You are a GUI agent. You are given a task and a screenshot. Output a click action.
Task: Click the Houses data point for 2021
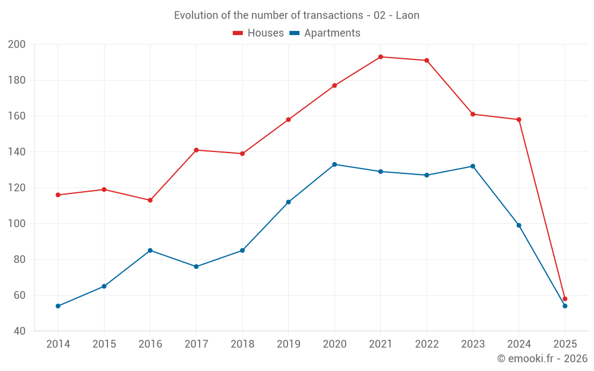tap(381, 57)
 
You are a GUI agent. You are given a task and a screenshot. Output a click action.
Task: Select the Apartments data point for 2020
tap(334, 164)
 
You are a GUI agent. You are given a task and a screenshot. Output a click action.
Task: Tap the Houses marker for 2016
tap(150, 200)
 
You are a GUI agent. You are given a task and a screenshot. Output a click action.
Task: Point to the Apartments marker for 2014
tap(58, 306)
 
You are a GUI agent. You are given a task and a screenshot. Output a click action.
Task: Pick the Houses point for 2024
tap(519, 119)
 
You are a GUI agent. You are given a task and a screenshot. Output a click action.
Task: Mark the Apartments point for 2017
tap(196, 267)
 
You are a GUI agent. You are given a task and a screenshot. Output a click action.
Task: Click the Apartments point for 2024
tap(519, 226)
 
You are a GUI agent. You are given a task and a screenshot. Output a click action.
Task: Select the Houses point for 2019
tap(289, 119)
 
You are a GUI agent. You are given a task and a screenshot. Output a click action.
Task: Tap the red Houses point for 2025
tap(565, 299)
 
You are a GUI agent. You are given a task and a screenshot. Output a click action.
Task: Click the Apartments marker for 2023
tap(473, 166)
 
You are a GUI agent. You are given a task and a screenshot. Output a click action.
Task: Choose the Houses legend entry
tap(258, 33)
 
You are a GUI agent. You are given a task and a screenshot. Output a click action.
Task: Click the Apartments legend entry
tap(325, 33)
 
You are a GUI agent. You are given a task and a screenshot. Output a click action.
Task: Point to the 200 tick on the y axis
tap(17, 45)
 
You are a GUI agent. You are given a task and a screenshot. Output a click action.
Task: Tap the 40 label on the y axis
tap(19, 331)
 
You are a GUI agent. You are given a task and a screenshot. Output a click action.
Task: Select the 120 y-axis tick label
tap(17, 188)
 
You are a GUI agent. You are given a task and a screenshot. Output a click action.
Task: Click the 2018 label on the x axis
tap(242, 344)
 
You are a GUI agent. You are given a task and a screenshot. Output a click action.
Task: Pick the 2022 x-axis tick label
tap(426, 344)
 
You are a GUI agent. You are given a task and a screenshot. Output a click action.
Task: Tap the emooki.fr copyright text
tap(542, 359)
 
